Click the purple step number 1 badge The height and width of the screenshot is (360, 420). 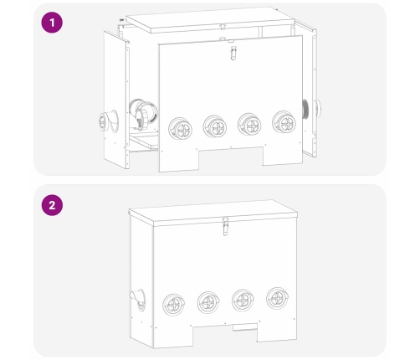pyautogui.click(x=52, y=23)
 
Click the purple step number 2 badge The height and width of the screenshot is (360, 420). pyautogui.click(x=52, y=205)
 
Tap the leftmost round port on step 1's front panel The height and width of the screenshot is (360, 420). pyautogui.click(x=181, y=129)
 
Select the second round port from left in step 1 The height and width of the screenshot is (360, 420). pyautogui.click(x=215, y=126)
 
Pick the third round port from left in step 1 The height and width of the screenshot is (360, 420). pyautogui.click(x=249, y=125)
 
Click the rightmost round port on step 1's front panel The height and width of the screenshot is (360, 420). pyautogui.click(x=284, y=122)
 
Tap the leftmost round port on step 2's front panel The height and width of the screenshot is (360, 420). pyautogui.click(x=173, y=305)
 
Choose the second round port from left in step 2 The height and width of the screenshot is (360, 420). pyautogui.click(x=208, y=302)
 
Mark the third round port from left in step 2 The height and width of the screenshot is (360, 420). pyautogui.click(x=243, y=301)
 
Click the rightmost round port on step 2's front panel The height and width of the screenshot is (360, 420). pyautogui.click(x=278, y=298)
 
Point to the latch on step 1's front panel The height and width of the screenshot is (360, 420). pyautogui.click(x=233, y=53)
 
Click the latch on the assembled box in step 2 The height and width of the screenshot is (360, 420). pyautogui.click(x=226, y=227)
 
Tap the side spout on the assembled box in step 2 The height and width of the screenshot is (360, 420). pyautogui.click(x=137, y=300)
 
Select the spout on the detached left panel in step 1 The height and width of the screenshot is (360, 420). pyautogui.click(x=108, y=121)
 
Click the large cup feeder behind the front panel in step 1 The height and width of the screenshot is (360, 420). pyautogui.click(x=143, y=114)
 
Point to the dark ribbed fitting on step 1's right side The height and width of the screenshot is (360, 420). pyautogui.click(x=305, y=109)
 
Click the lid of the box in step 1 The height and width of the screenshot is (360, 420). pyautogui.click(x=210, y=20)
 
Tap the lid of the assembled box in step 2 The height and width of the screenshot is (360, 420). pyautogui.click(x=213, y=213)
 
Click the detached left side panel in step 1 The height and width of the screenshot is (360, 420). pyautogui.click(x=116, y=100)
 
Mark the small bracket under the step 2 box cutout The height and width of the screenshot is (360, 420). pyautogui.click(x=245, y=327)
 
